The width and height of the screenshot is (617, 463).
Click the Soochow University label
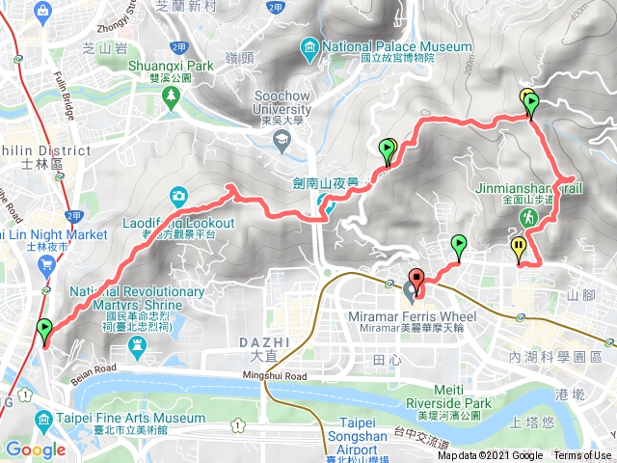point(279,101)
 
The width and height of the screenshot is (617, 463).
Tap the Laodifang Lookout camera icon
point(179,198)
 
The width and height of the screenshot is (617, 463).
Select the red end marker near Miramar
point(416,276)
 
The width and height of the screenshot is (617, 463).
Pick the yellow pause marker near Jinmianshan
point(519,248)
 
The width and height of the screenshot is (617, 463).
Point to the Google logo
point(36,449)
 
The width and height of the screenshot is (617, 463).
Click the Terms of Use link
point(581,456)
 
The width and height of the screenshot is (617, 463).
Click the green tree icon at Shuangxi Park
point(171,95)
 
